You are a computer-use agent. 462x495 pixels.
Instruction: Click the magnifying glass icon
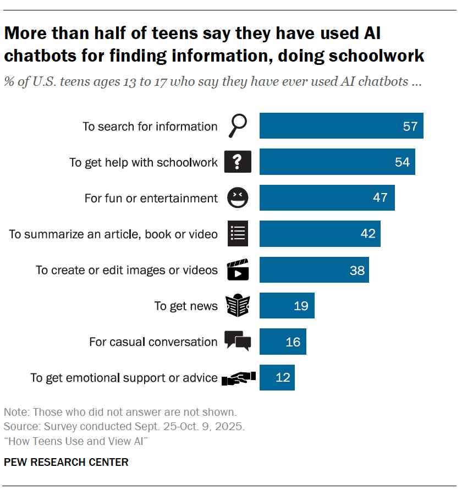238,127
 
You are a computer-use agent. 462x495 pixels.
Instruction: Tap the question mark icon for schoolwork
238,162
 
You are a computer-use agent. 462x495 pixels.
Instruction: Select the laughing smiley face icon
238,197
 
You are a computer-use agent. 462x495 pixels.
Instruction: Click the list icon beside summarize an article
238,234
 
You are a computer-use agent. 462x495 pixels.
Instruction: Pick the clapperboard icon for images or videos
238,270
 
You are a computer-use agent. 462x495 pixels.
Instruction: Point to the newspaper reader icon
238,306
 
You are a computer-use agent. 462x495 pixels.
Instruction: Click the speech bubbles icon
238,341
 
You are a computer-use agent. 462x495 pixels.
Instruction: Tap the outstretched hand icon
238,378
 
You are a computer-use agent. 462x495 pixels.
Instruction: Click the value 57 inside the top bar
410,127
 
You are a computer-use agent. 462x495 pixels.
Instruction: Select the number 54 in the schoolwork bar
402,162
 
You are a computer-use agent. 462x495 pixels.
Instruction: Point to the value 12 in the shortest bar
282,378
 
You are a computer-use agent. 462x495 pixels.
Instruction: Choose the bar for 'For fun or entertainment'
327,197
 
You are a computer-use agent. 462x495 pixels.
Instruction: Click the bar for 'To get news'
287,306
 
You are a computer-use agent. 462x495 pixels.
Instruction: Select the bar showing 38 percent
313,270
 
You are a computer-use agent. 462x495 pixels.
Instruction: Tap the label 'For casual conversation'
153,342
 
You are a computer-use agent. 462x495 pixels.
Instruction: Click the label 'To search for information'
150,127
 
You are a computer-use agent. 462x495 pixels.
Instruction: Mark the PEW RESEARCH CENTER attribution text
66,462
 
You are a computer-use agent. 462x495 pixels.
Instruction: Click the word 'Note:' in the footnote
17,412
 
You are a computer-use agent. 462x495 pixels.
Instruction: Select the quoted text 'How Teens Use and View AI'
76,442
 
